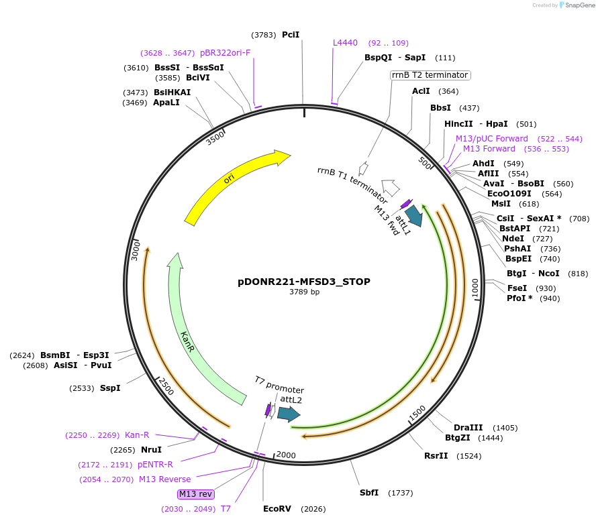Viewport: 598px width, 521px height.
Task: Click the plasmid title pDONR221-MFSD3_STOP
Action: click(304, 282)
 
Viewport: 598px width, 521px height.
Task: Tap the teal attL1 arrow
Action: click(414, 216)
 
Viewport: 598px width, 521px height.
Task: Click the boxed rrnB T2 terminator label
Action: click(430, 75)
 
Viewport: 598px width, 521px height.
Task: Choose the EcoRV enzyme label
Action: click(277, 509)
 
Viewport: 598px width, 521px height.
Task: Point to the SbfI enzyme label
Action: click(369, 493)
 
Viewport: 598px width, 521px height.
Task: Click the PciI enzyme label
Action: click(291, 34)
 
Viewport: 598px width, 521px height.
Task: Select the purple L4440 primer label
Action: click(346, 43)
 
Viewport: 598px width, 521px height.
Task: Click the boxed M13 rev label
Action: click(195, 494)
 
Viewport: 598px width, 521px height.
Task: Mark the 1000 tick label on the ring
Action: click(475, 288)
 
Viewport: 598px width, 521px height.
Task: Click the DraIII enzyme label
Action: click(468, 428)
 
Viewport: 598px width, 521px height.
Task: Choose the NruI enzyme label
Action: click(151, 450)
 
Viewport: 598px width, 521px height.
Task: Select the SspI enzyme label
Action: click(110, 388)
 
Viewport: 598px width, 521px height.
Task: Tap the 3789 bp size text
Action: click(304, 292)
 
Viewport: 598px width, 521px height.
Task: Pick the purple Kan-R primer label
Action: click(137, 435)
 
